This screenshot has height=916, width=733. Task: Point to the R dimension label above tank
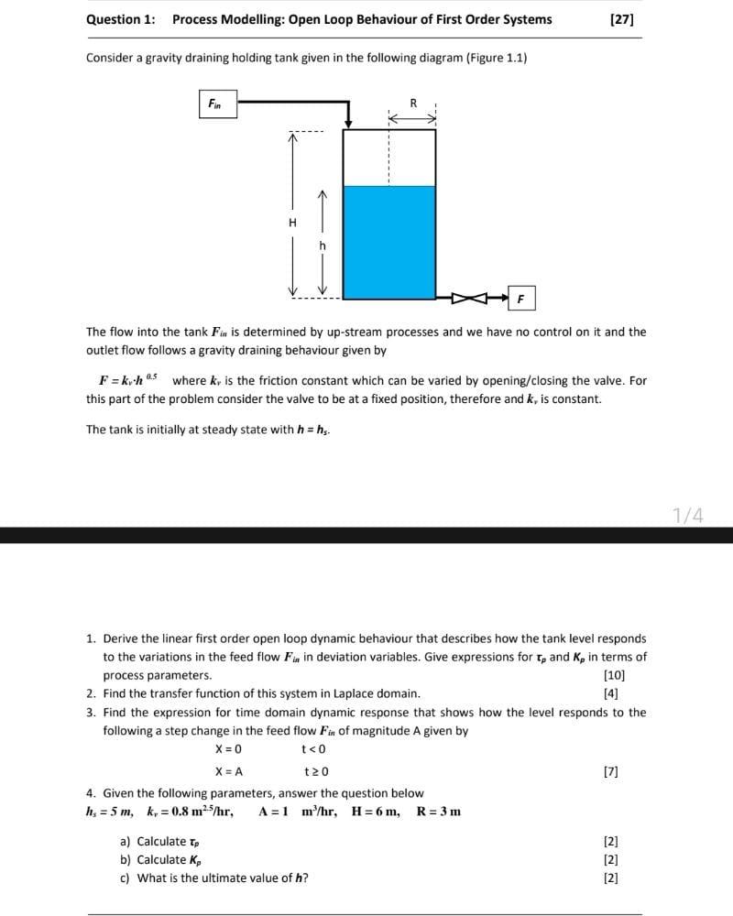pyautogui.click(x=412, y=104)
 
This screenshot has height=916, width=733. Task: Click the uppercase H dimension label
pyautogui.click(x=292, y=223)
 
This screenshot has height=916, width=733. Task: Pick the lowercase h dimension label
pyautogui.click(x=322, y=245)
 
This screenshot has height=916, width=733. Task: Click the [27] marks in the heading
pyautogui.click(x=621, y=19)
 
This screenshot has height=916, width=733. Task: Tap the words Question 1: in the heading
pyautogui.click(x=120, y=19)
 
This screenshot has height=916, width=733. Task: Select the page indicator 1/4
pyautogui.click(x=688, y=516)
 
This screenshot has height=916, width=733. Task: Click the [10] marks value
pyautogui.click(x=616, y=675)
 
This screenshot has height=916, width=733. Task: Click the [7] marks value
pyautogui.click(x=612, y=771)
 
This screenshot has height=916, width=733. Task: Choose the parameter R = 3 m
pyautogui.click(x=439, y=812)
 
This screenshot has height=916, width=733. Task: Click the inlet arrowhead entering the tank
pyautogui.click(x=348, y=124)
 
